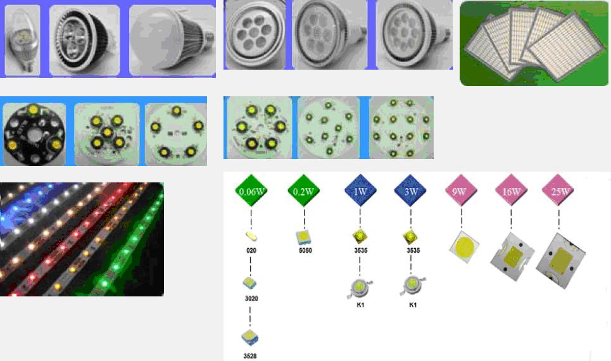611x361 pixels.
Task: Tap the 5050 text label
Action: [x=305, y=250]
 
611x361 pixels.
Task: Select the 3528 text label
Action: [x=251, y=356]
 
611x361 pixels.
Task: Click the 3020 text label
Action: [x=251, y=298]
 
